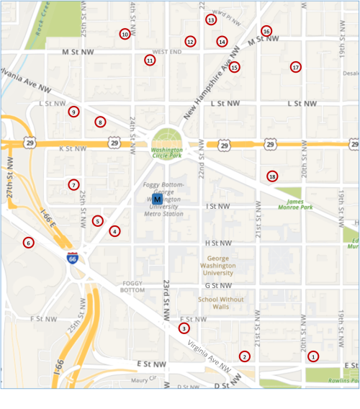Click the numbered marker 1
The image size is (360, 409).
313,356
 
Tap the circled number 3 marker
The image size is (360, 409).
184,328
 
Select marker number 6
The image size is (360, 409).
28,242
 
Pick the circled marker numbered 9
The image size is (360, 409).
73,112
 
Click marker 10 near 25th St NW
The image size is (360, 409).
125,34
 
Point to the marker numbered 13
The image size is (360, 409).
211,20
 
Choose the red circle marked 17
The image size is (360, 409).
295,67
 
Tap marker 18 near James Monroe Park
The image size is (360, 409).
272,176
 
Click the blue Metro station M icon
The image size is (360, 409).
157,199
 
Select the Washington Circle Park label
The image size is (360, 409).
166,151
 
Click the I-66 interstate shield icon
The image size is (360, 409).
73,257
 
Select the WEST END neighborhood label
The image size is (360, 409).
167,52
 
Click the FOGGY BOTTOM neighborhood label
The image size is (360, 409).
132,286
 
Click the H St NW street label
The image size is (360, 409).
217,243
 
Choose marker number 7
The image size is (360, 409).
73,185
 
